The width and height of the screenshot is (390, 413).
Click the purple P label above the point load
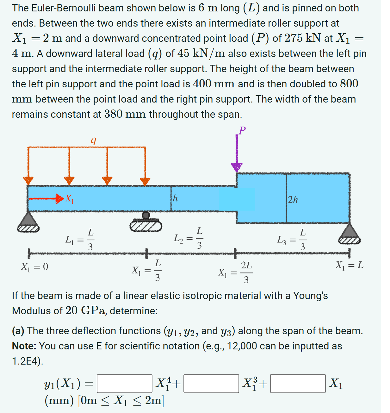tap(242, 130)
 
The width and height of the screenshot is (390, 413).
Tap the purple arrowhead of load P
tap(237, 166)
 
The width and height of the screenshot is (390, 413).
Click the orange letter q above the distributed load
tap(93, 140)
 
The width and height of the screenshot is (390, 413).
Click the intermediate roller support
tap(145, 222)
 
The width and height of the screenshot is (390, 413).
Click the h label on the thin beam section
tap(175, 198)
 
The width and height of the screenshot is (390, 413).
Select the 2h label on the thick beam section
tap(293, 199)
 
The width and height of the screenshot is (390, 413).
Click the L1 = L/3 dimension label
tap(80, 239)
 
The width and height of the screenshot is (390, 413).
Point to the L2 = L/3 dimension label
tap(188, 238)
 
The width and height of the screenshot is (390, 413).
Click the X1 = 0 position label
tap(34, 266)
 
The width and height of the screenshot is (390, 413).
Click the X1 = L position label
tap(349, 265)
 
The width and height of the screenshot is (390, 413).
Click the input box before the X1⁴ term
tap(125, 384)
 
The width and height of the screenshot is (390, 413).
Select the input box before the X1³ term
tap(211, 384)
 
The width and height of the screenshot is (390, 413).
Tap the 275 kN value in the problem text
tap(302, 38)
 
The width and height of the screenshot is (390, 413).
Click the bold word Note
tap(24, 346)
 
